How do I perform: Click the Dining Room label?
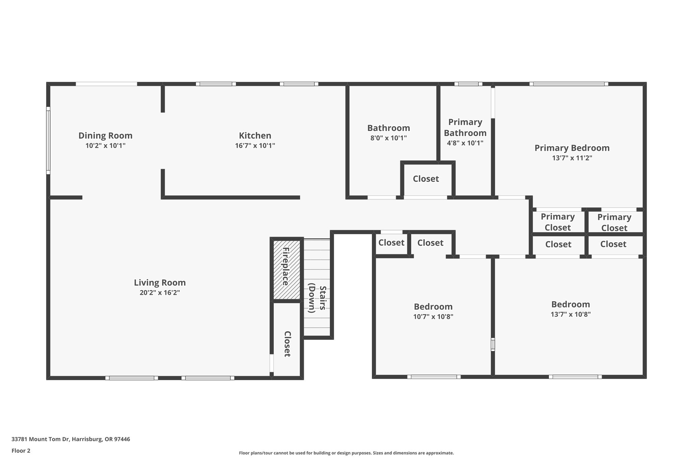tap(105, 136)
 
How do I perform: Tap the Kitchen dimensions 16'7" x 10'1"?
tap(255, 146)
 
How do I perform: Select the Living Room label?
tap(160, 283)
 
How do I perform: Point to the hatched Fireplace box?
tap(287, 270)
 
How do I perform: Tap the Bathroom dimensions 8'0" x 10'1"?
tap(388, 138)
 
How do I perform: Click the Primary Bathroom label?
tap(465, 127)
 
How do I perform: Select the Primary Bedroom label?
tap(572, 148)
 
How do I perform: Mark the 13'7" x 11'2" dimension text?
tap(572, 158)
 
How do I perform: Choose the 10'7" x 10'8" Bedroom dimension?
tap(433, 317)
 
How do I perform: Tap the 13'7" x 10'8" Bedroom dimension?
tap(571, 314)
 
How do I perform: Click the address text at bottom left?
tap(71, 439)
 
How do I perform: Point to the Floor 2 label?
tap(21, 451)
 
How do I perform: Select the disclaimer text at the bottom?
tap(346, 453)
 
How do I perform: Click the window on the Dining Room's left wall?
tap(48, 140)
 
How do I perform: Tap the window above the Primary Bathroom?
tap(468, 84)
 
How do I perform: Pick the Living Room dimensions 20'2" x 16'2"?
tap(160, 293)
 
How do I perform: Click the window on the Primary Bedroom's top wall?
tap(569, 84)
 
